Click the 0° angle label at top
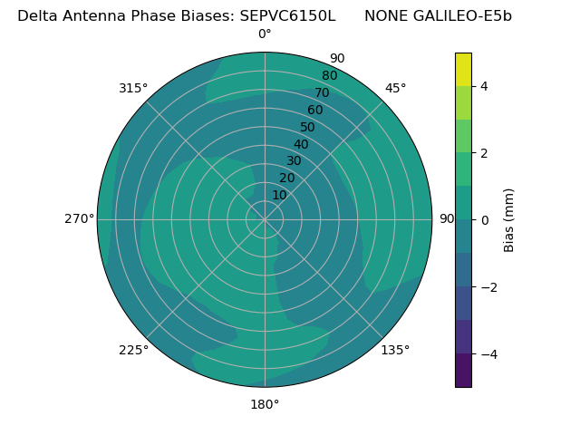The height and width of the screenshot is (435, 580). (x=265, y=34)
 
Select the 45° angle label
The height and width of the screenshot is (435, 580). (x=395, y=88)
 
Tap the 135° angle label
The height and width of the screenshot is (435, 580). (x=395, y=350)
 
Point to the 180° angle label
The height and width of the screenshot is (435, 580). (x=265, y=404)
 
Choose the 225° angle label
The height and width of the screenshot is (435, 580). (x=133, y=350)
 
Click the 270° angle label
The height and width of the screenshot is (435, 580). (x=79, y=219)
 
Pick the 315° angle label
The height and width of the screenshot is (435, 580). (x=133, y=88)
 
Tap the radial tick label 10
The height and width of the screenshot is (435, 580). (x=279, y=195)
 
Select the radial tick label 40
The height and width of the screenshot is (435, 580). (x=301, y=144)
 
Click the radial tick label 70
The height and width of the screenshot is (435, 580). (x=322, y=92)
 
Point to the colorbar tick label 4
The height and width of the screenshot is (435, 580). (x=484, y=86)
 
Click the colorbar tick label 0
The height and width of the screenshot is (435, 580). (x=484, y=220)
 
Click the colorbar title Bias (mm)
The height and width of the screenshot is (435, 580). (x=509, y=220)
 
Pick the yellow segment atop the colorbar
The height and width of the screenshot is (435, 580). (x=463, y=69)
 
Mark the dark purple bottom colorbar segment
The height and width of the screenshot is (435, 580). (x=463, y=371)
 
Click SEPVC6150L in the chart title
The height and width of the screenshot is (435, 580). (x=287, y=15)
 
